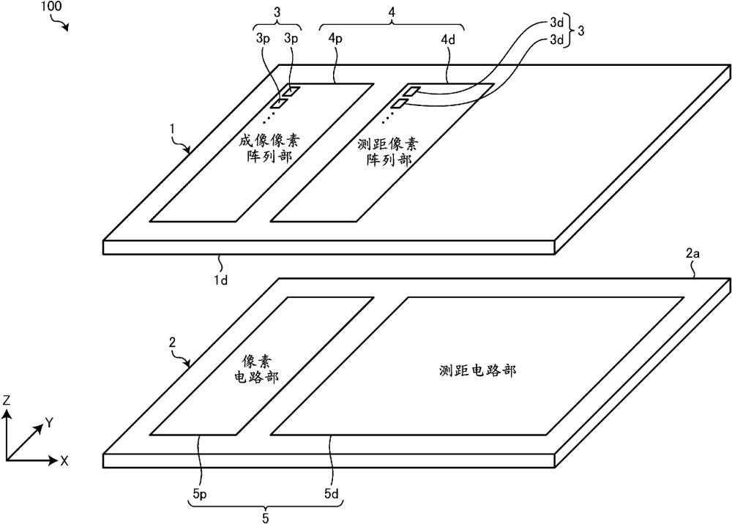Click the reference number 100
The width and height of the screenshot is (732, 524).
50,7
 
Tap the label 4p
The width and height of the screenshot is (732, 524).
335,39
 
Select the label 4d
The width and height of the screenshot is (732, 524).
448,39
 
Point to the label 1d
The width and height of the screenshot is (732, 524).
220,281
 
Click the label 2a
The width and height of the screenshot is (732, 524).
692,254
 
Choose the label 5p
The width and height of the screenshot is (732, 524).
199,494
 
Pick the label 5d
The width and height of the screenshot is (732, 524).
331,494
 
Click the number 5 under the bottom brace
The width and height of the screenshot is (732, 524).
266,518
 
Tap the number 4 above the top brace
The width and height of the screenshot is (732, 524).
392,12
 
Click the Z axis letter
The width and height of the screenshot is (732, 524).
7,401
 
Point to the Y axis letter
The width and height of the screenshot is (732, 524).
49,424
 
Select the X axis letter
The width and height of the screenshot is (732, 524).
64,461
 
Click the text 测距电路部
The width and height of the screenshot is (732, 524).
477,371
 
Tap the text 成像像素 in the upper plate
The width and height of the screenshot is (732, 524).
270,141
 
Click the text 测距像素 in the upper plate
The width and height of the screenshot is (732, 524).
389,144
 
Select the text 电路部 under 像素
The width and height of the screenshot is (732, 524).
255,376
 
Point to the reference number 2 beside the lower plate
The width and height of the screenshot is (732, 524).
172,343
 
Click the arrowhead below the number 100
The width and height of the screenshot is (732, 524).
66,28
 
